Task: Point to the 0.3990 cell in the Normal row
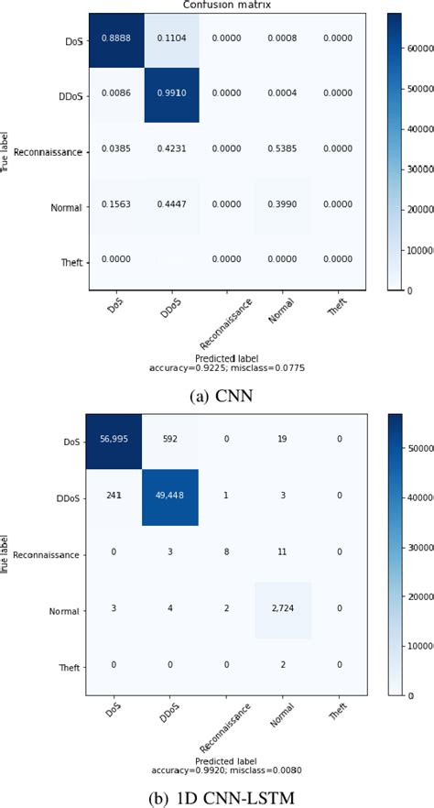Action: pos(284,206)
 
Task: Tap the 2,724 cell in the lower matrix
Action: pos(284,611)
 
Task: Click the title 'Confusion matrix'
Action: pos(228,5)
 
